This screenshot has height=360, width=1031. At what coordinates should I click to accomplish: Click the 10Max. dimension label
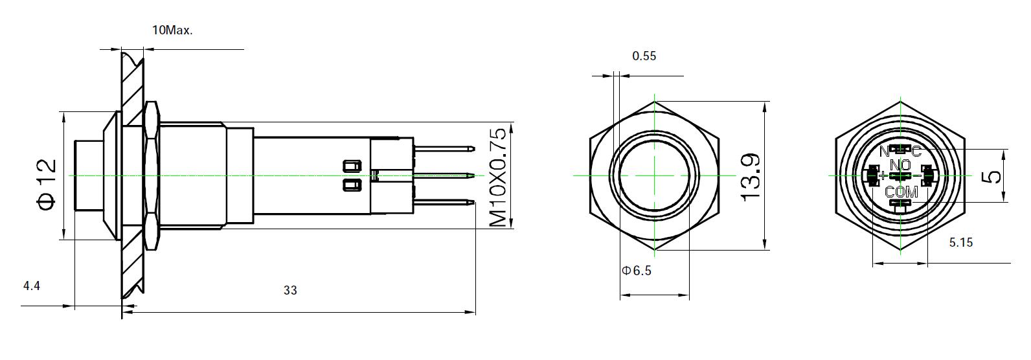tap(172, 30)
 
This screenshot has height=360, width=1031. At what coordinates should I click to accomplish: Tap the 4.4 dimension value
tap(32, 286)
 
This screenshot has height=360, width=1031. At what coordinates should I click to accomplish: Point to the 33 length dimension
tap(290, 291)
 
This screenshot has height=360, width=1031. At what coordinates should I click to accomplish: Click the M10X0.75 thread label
tap(497, 177)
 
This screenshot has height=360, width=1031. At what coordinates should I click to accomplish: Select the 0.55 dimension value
tap(644, 56)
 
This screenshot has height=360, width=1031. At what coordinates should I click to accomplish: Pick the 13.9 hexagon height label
tap(749, 177)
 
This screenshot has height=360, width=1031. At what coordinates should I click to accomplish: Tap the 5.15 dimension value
tap(960, 243)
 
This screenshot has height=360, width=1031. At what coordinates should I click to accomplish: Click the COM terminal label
tap(901, 192)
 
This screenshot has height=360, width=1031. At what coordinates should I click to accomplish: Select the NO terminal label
tap(900, 165)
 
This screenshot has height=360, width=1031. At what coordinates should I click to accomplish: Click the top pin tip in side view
tap(471, 149)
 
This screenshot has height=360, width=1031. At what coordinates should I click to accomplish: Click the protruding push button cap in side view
tap(89, 175)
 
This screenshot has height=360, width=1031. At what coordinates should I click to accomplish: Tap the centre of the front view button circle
tap(655, 175)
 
